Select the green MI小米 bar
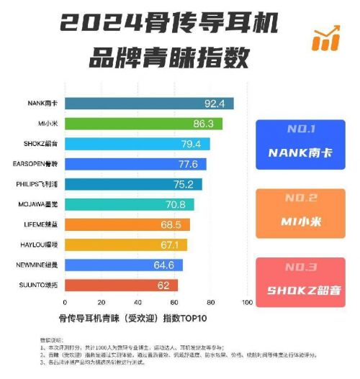pos(143,124)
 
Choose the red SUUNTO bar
pos(121,286)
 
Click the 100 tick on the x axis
pos(248,302)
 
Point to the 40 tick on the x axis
pos(138,302)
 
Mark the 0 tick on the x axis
pos(65,302)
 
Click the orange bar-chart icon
pos(325,39)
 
